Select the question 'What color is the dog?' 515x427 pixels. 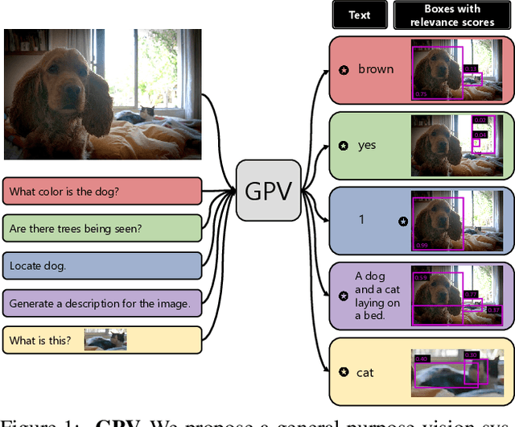[102, 192]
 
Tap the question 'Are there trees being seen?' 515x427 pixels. [102, 228]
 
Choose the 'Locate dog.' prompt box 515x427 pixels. [102, 265]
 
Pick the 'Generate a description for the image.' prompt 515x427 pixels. [102, 303]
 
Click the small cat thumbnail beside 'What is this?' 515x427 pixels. [105, 339]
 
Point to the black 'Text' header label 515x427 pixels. [359, 15]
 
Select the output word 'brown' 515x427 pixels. [376, 69]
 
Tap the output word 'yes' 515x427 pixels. [367, 146]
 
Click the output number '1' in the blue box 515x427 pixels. [361, 219]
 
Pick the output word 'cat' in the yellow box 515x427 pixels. [365, 372]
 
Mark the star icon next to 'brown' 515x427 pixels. [344, 70]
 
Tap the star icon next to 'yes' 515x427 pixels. [344, 146]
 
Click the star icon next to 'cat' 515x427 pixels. [344, 372]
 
